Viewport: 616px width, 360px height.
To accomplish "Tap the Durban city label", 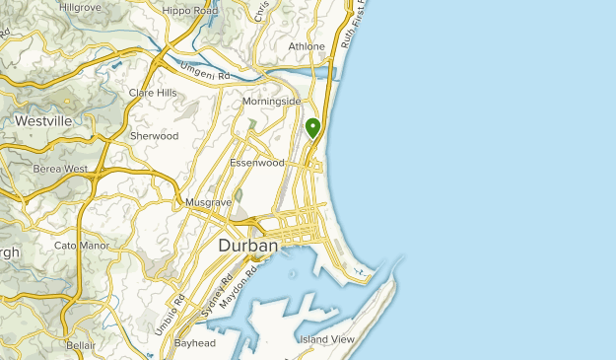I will [247, 246].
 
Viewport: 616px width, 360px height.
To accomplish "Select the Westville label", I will [43, 120].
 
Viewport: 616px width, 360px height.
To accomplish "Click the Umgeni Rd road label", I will [204, 72].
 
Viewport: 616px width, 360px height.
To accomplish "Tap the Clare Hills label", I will [152, 94].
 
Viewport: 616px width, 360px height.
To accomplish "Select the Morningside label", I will [271, 101].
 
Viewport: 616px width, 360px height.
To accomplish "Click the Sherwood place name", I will [154, 136].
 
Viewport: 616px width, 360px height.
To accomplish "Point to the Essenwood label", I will [256, 163].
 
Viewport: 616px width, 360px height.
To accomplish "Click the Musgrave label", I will [208, 203].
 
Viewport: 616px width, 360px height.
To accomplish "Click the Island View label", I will [326, 339].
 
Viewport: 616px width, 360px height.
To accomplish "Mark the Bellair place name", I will [81, 346].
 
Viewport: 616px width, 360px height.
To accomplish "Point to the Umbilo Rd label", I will [169, 315].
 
